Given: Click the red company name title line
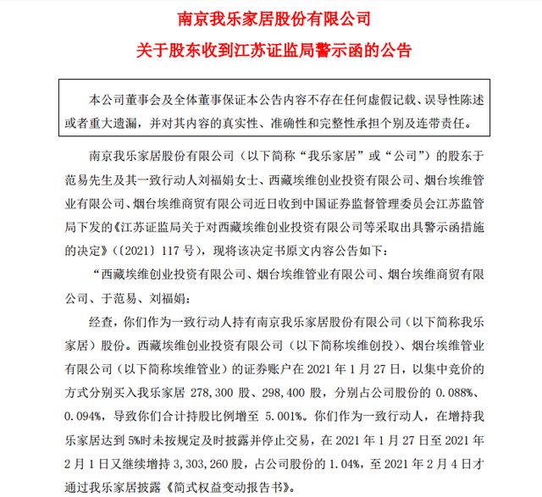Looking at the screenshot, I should pos(271,17).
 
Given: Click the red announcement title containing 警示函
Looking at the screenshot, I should pos(271,49).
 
